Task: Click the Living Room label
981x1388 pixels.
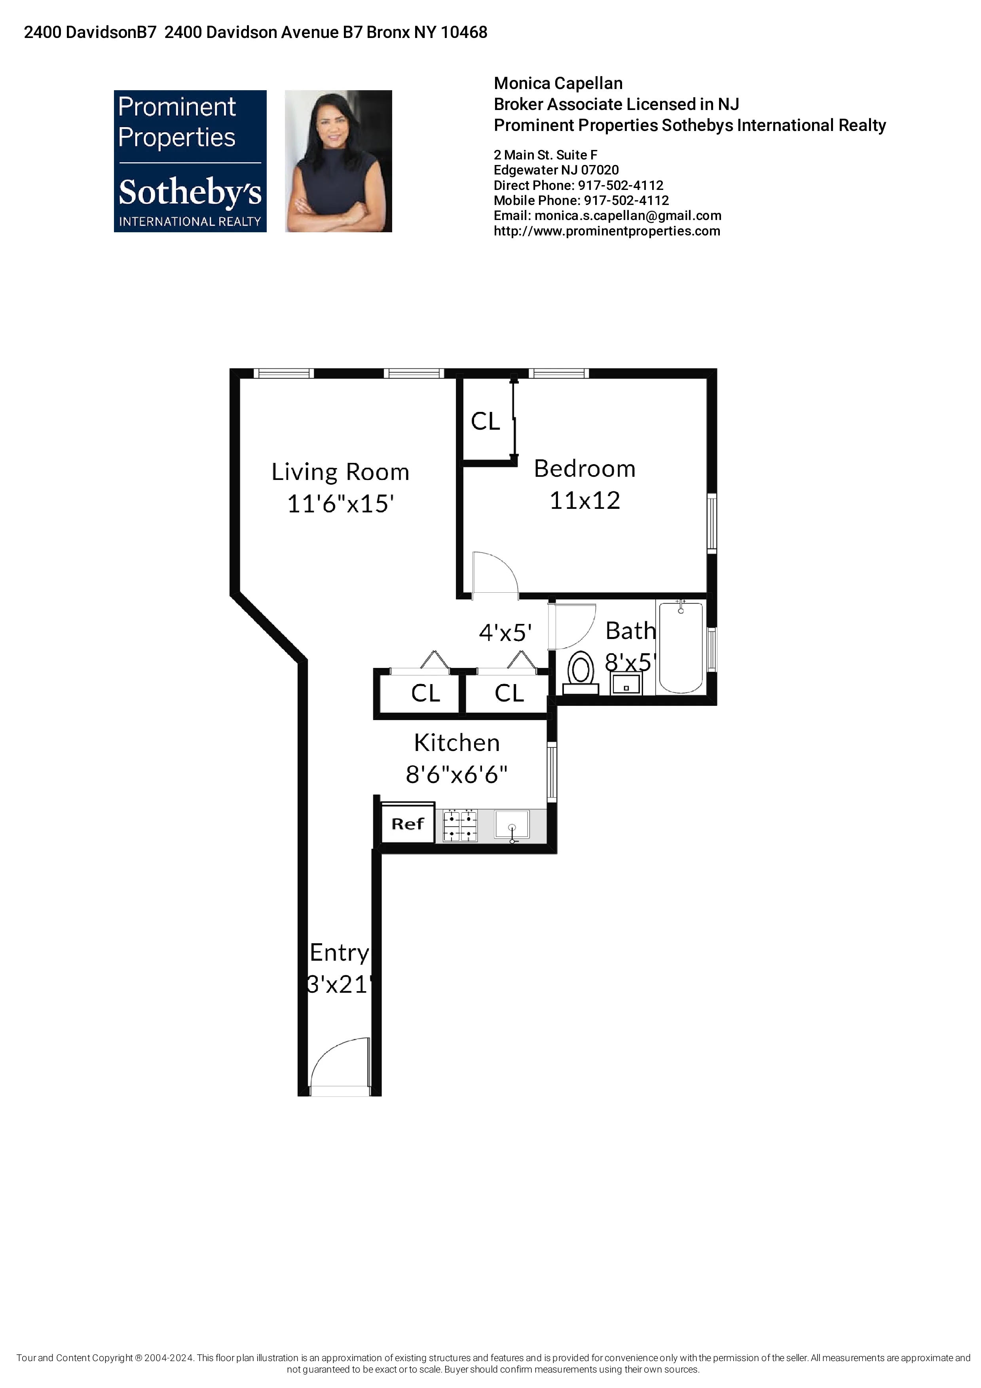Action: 340,472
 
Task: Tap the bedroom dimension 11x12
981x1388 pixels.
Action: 584,501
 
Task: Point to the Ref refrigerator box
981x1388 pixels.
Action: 407,823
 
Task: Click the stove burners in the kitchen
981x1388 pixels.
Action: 460,826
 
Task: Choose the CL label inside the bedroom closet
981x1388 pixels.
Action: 486,421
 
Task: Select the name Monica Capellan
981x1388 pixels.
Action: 558,83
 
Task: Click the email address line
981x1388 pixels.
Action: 607,216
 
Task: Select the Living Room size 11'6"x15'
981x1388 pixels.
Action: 340,504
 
